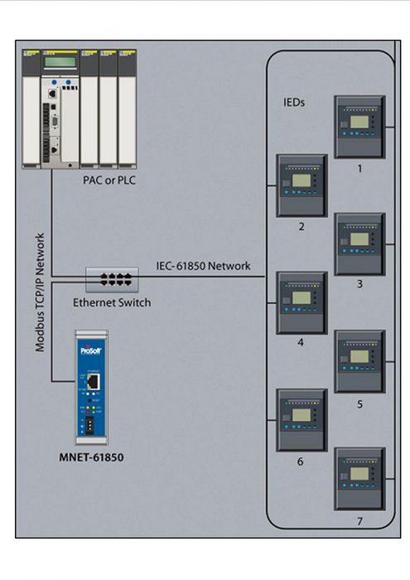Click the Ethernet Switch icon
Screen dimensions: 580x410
110,278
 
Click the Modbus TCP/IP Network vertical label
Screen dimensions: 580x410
40,294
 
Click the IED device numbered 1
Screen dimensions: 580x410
359,127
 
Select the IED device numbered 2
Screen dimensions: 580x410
301,185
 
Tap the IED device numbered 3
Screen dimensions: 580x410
359,244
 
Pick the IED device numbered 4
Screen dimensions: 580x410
301,302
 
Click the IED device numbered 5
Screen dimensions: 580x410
359,361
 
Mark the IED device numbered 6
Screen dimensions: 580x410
301,419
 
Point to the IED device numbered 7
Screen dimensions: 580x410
359,478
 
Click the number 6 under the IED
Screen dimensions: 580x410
301,461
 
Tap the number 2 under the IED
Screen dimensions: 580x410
301,225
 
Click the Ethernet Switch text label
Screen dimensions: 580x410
112,302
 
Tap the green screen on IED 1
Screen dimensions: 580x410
359,121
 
